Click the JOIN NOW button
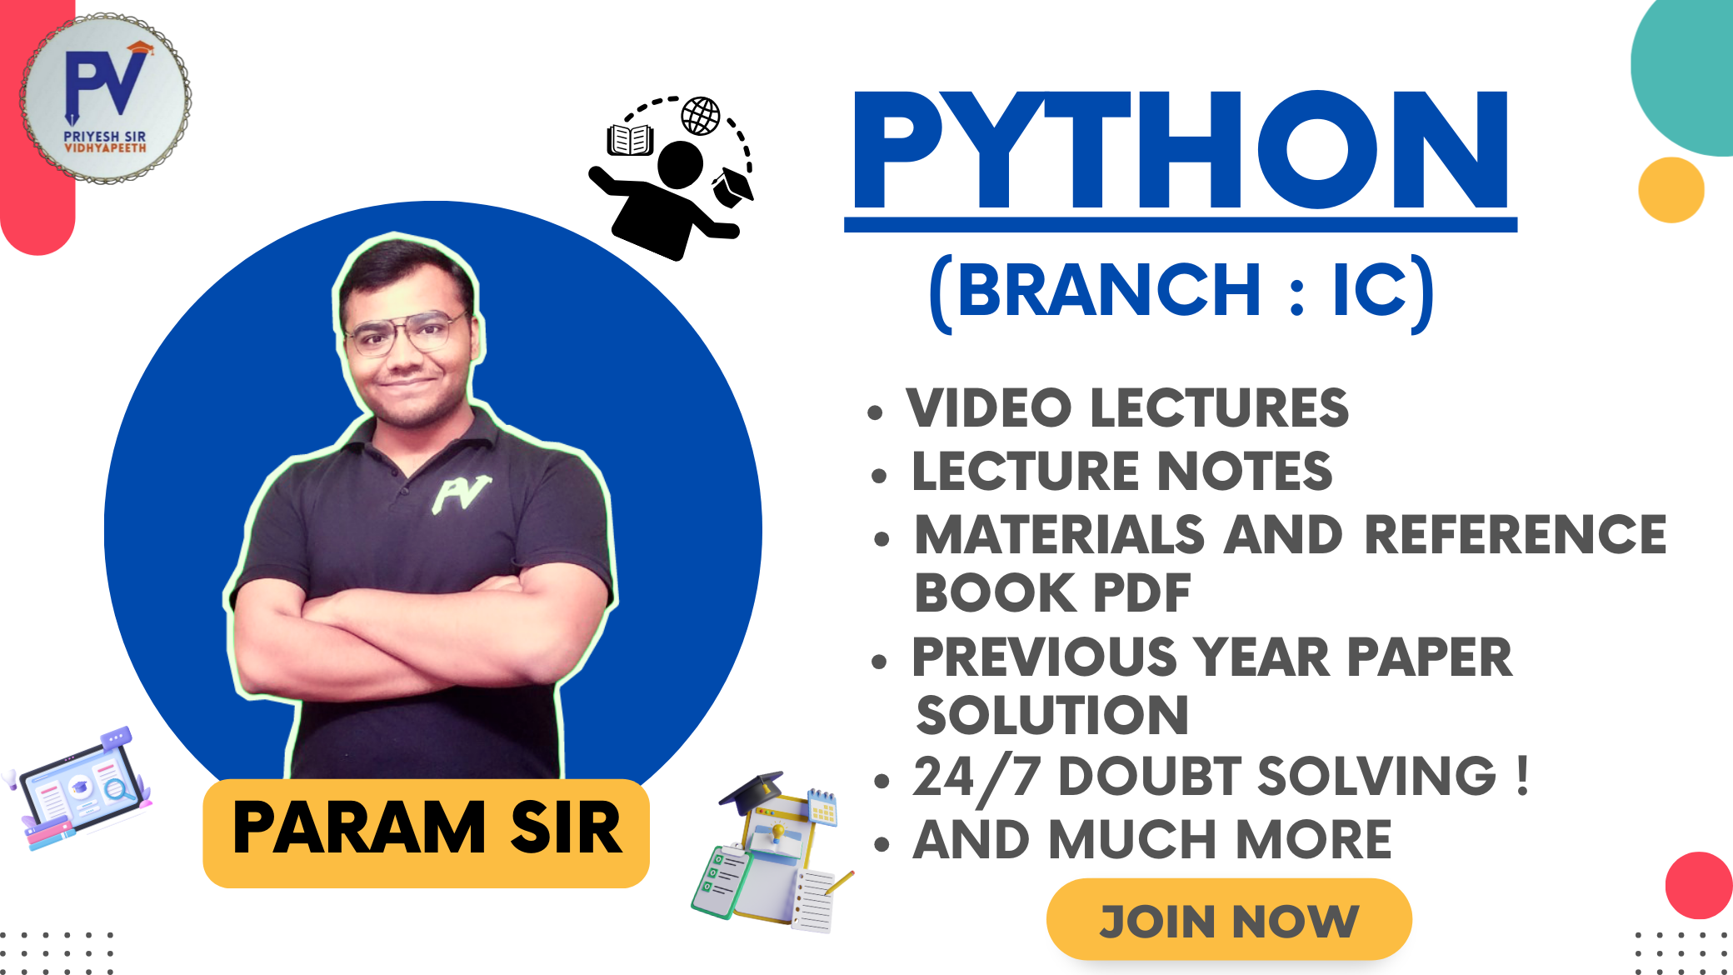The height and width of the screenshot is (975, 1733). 1229,920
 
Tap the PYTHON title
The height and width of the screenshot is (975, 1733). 1180,152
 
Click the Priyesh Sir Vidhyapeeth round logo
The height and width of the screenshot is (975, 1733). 106,98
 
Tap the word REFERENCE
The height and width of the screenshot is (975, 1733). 1515,534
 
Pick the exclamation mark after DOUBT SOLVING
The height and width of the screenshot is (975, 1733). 1522,777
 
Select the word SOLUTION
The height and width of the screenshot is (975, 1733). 1051,715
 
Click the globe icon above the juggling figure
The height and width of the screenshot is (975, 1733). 701,116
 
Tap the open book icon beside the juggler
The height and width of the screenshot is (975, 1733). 630,140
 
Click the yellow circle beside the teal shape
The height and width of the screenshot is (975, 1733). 1671,190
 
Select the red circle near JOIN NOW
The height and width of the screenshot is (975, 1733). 1700,885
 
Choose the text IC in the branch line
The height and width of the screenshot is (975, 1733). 1370,290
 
